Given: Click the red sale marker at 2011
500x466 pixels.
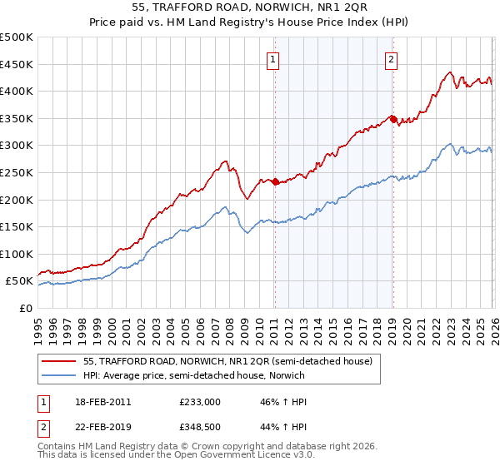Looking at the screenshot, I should [x=275, y=181].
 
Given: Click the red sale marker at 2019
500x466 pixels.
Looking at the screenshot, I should [x=392, y=118].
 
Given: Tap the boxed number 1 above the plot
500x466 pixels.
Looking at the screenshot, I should [x=274, y=58].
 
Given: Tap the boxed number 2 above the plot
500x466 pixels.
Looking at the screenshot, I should [x=391, y=58].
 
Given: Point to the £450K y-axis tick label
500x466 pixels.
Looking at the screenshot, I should [x=17, y=64].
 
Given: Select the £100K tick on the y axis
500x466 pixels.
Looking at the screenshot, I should [x=17, y=254].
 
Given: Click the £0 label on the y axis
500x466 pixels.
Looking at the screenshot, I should [x=25, y=308].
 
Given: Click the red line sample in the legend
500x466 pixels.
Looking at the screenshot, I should [x=60, y=361].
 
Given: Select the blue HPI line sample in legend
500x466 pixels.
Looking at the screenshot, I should [x=60, y=375].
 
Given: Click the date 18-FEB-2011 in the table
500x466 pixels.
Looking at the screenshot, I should [x=101, y=401].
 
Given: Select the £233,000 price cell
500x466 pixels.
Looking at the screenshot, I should [x=198, y=401].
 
